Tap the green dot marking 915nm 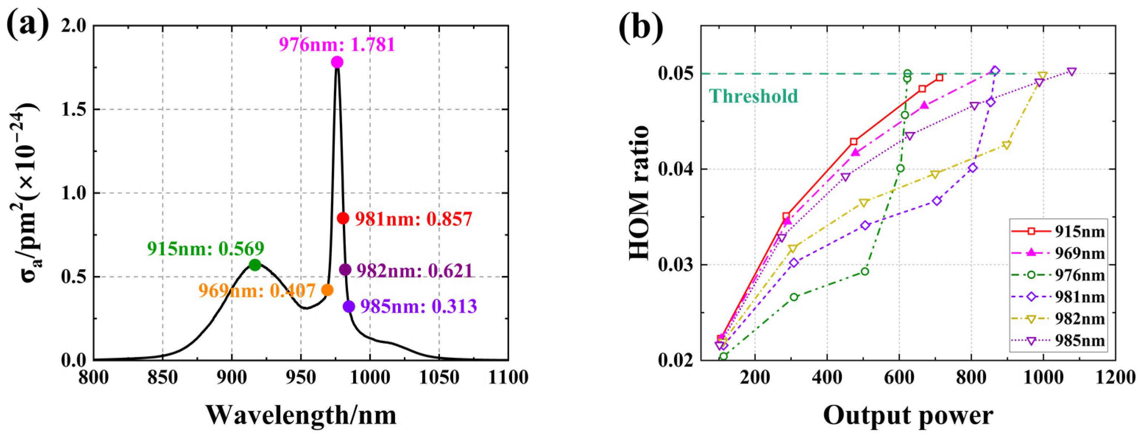click(x=255, y=265)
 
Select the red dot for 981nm click(x=343, y=218)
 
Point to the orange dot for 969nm click(x=327, y=290)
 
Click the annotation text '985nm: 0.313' click(x=419, y=306)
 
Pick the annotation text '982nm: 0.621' click(x=415, y=270)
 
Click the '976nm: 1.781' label click(x=337, y=45)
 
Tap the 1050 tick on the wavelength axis click(x=439, y=377)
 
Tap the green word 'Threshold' click(x=753, y=96)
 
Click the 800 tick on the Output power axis click(x=971, y=377)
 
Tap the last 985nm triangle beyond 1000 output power click(x=1072, y=72)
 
